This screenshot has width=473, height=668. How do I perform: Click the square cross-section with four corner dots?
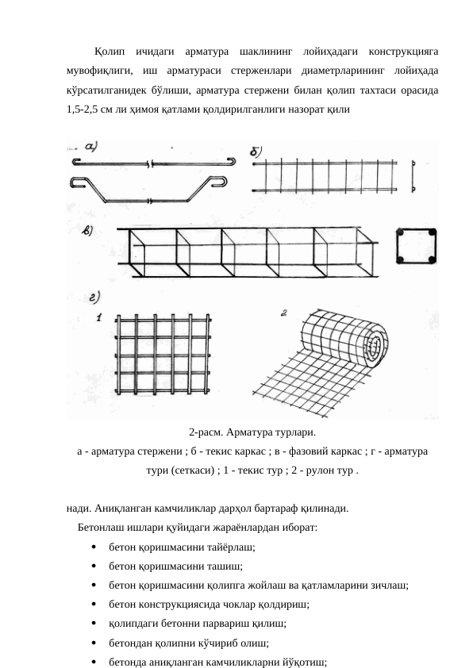(x=417, y=249)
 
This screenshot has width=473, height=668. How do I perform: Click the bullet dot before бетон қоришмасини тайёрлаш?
(x=94, y=548)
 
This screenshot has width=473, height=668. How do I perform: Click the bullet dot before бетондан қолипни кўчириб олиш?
(x=94, y=643)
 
